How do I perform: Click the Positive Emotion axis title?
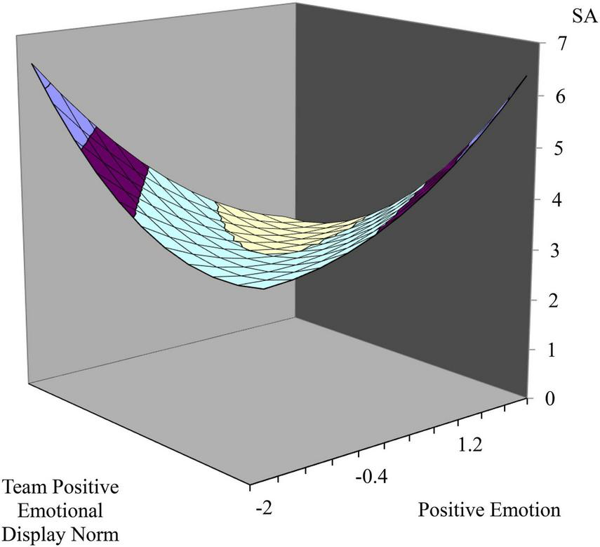(489, 510)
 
